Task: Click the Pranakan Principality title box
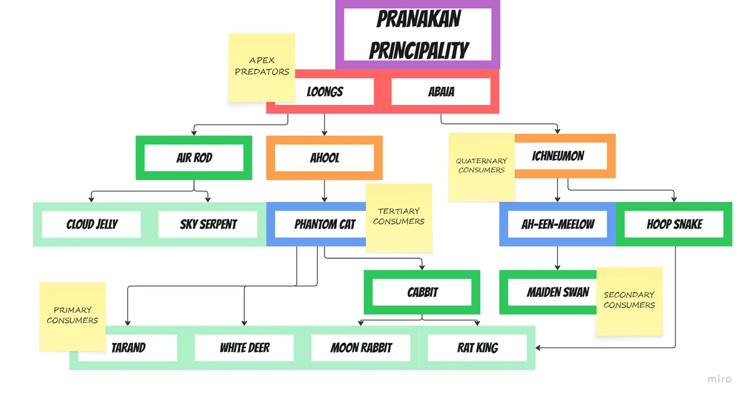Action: [x=418, y=34]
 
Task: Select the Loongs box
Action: [x=325, y=91]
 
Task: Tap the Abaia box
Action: [x=441, y=91]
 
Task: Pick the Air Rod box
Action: [x=194, y=157]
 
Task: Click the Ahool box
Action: [x=325, y=157]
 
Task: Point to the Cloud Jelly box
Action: [x=91, y=224]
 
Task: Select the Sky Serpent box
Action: [x=208, y=224]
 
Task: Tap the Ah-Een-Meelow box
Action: [x=557, y=224]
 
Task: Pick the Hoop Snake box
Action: [x=674, y=224]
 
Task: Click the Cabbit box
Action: [x=422, y=292]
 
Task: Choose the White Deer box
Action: [x=244, y=347]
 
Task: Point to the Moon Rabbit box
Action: [x=361, y=347]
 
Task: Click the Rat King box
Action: [x=477, y=347]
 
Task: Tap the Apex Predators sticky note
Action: [x=262, y=67]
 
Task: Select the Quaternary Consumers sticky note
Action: [x=481, y=167]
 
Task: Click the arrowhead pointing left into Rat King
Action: [x=538, y=347]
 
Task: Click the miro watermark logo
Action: [x=720, y=379]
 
